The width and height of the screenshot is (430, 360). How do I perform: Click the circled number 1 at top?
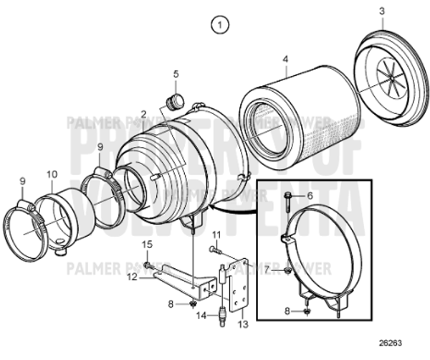[x=221, y=25]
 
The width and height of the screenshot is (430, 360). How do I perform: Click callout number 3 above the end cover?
[x=382, y=11]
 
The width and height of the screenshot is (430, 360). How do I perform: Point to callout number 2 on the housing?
[x=144, y=114]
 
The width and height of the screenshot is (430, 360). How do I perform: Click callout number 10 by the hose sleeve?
[x=52, y=174]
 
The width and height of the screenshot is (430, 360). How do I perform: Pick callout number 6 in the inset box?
[x=310, y=195]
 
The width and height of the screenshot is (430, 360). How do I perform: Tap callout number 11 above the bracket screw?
[x=216, y=235]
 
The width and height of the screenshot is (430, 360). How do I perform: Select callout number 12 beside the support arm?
[x=132, y=275]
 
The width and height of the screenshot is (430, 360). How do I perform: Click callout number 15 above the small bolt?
[x=148, y=245]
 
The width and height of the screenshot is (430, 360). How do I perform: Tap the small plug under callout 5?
[x=172, y=99]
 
